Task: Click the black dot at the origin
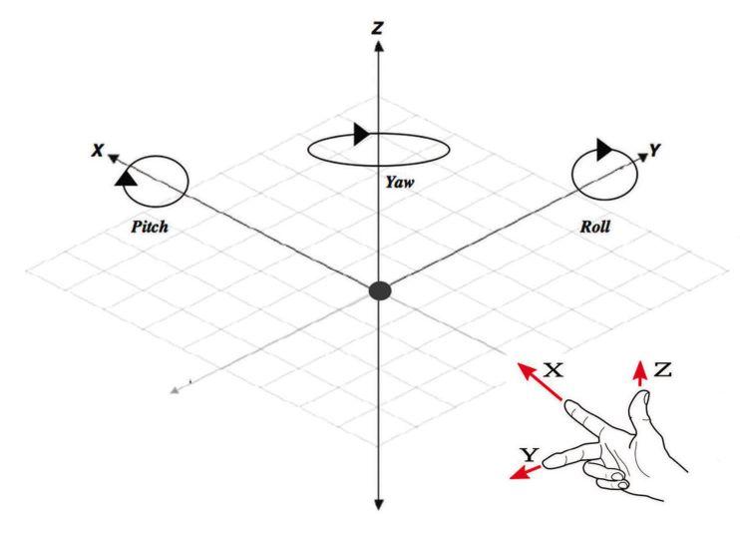[379, 291]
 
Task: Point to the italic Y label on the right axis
[654, 149]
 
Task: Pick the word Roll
[594, 227]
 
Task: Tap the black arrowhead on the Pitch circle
[126, 178]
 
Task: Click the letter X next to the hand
[555, 369]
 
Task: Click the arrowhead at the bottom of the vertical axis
[379, 503]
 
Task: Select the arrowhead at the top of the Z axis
[379, 46]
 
